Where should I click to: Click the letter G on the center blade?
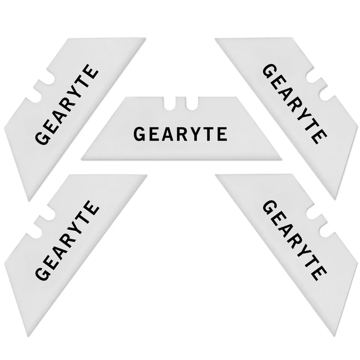(139, 134)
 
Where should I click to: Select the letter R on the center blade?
(183, 134)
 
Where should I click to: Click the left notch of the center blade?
(170, 103)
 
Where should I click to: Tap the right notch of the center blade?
(192, 103)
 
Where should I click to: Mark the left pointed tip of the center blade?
(82, 159)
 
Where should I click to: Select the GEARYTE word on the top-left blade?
(67, 104)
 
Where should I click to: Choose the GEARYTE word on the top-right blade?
(294, 104)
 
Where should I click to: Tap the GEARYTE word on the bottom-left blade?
(67, 241)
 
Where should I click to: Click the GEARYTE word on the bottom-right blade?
(294, 240)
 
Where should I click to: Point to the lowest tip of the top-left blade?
(29, 200)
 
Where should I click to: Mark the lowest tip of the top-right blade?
(335, 198)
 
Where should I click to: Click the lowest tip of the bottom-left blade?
(28, 336)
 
